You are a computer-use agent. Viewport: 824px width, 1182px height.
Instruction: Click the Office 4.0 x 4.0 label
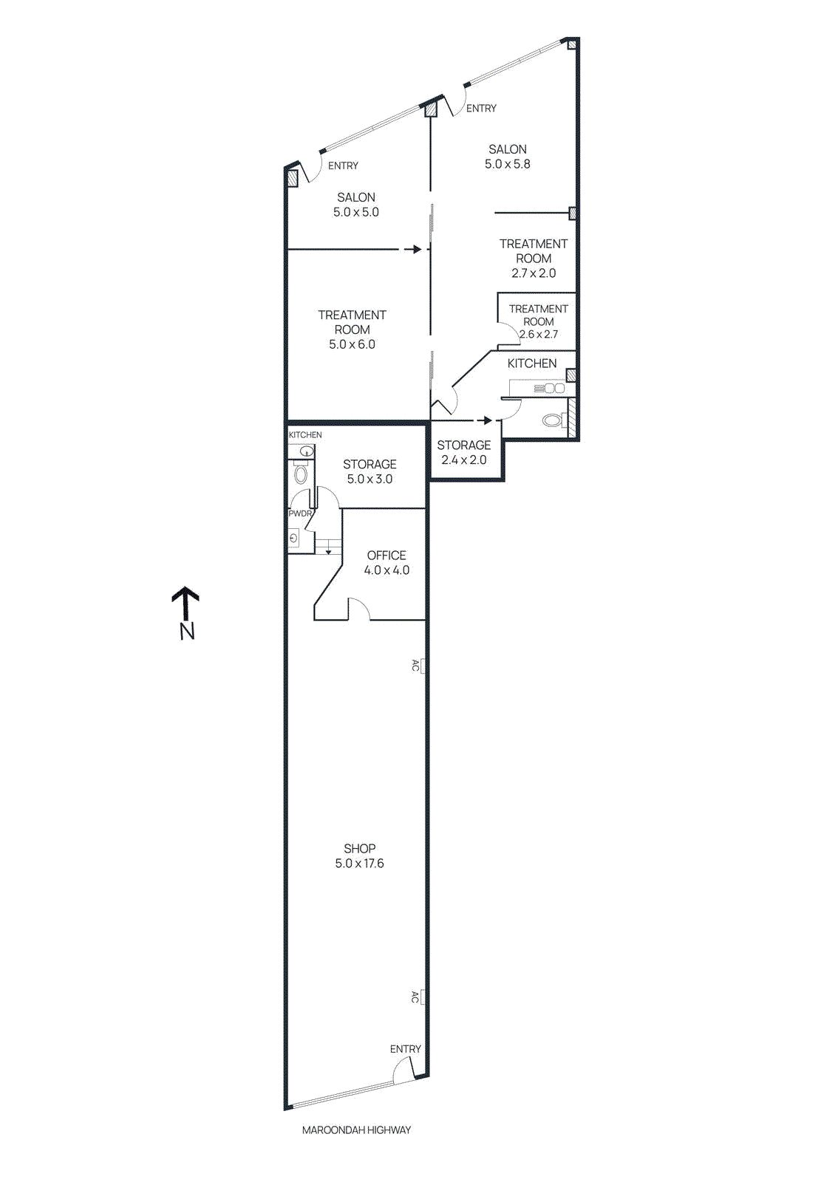point(387,562)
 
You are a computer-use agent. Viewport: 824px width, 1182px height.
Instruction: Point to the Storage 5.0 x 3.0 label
point(370,472)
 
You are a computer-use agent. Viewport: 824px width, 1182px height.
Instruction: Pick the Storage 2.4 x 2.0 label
point(464,452)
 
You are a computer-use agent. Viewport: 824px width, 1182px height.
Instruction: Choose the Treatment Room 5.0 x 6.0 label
point(352,329)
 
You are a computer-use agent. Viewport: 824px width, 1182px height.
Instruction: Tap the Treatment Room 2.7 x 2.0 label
point(534,259)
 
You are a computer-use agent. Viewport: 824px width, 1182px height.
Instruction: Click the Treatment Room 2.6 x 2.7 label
point(539,321)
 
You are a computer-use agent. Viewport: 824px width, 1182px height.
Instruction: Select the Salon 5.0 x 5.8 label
point(507,157)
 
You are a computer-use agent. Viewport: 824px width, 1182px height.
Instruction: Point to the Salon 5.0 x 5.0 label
point(355,205)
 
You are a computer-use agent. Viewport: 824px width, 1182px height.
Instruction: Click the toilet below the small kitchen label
point(300,474)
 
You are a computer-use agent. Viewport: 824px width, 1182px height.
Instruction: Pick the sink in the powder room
point(294,539)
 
